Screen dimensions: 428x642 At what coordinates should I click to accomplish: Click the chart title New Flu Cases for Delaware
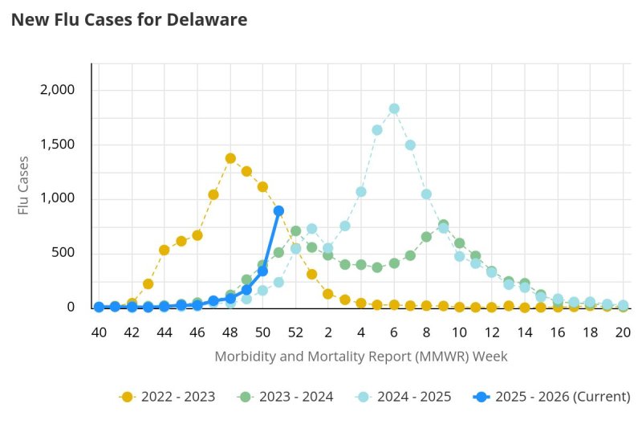point(128,19)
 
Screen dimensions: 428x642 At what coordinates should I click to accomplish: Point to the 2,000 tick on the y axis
point(57,90)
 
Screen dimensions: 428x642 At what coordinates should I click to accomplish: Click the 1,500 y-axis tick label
point(57,145)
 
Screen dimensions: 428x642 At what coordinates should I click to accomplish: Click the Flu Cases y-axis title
point(25,185)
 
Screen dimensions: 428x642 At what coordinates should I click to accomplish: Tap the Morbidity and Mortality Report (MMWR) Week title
point(361,355)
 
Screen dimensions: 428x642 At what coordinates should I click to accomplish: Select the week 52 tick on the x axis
point(295,332)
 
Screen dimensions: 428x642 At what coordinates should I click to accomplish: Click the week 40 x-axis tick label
point(99,332)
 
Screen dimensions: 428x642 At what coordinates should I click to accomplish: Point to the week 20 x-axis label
point(623,332)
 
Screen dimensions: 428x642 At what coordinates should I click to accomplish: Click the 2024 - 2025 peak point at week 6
point(394,109)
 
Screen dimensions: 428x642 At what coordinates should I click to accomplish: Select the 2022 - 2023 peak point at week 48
point(230,158)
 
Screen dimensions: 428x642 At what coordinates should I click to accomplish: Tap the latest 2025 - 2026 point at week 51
point(278,211)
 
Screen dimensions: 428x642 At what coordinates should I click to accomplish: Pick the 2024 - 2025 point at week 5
point(377,130)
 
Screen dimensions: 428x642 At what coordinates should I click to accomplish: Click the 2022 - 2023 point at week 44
point(165,250)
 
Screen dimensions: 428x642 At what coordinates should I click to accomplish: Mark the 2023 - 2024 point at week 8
point(426,237)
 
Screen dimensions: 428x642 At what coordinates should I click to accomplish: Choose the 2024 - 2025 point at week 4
point(361,192)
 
